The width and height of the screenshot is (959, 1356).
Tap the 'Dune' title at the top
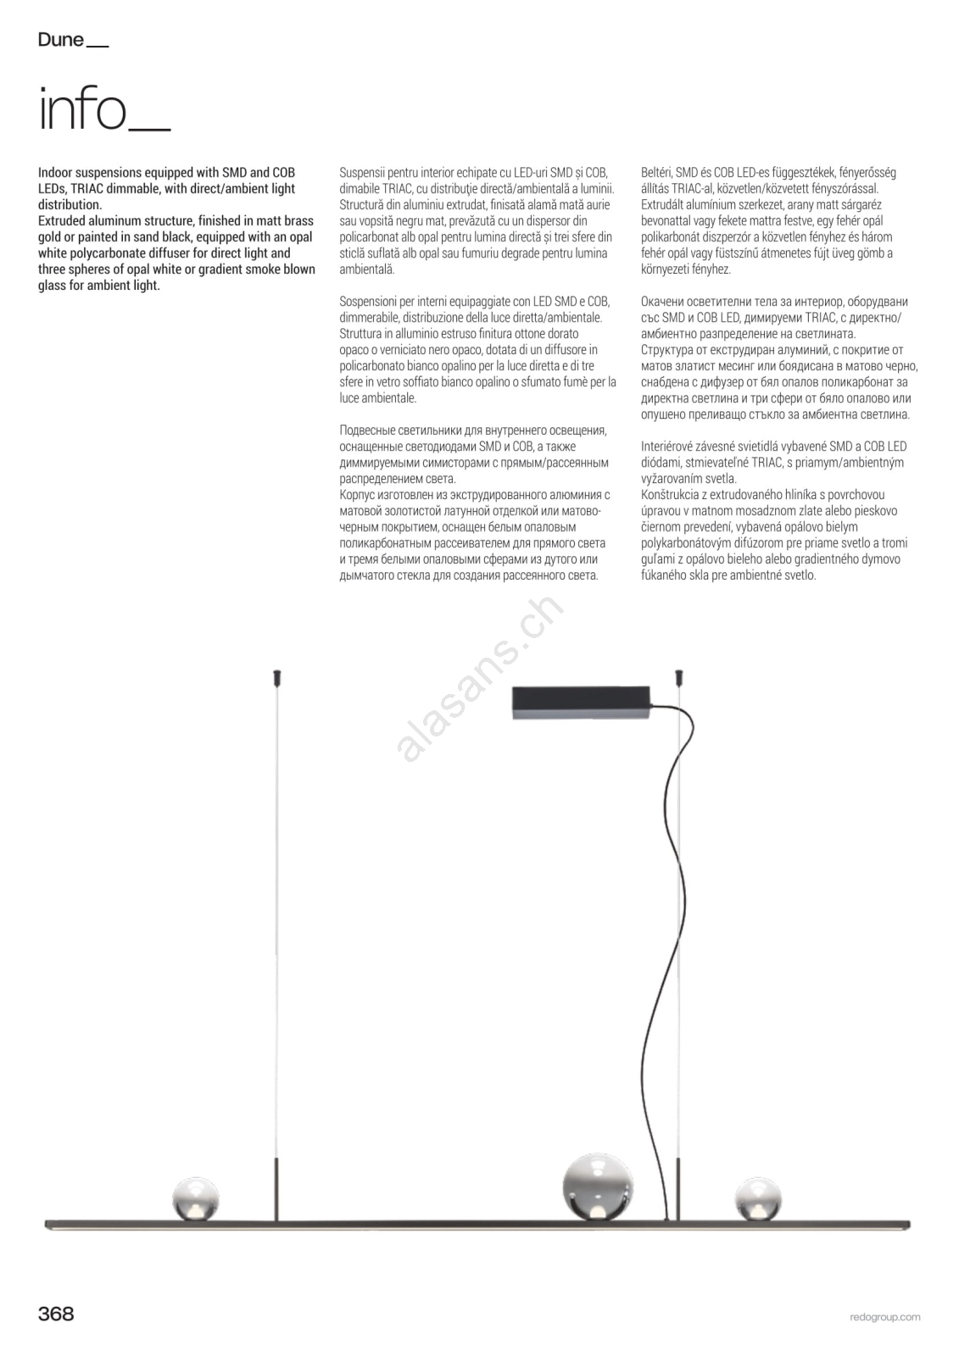click(61, 40)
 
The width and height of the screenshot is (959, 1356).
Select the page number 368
click(56, 1314)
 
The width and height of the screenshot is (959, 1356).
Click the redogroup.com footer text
click(884, 1317)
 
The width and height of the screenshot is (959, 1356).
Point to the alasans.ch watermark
click(478, 678)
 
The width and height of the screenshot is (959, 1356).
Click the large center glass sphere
click(598, 1186)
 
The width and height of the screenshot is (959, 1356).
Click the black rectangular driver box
click(580, 703)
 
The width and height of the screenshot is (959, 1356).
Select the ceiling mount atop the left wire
click(276, 677)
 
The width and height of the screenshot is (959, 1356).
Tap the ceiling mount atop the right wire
click(678, 677)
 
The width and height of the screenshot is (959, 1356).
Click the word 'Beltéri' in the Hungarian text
click(656, 173)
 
